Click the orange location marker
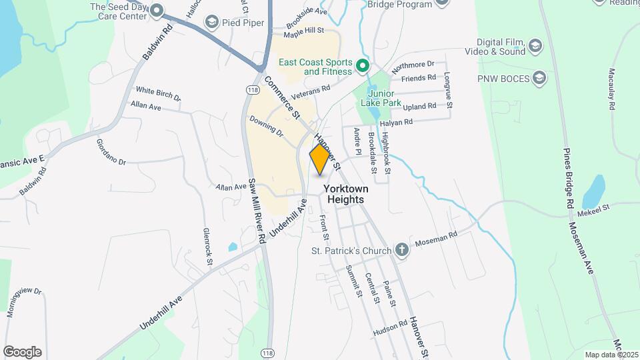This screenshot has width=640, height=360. [320, 159]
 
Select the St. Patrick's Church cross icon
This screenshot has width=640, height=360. [401, 251]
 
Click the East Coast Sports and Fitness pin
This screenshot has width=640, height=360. [362, 66]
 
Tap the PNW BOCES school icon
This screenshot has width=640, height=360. [539, 79]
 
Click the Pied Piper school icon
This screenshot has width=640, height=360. [212, 23]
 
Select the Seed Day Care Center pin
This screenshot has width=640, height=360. [157, 10]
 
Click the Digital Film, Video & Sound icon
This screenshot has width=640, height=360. [535, 46]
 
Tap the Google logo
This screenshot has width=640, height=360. [22, 351]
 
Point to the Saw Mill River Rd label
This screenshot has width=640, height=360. [257, 210]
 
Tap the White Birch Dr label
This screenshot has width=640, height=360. [158, 93]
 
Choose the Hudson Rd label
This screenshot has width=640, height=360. [390, 326]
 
